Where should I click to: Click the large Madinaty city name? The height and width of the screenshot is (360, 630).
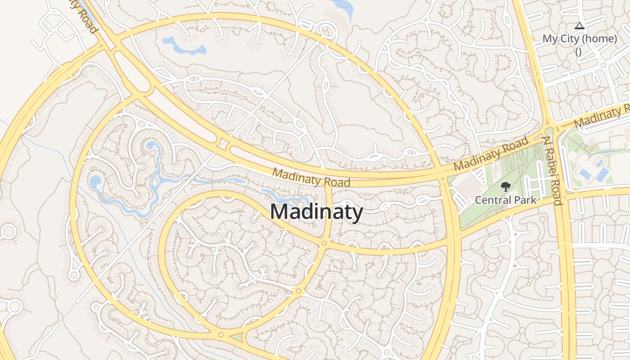pyautogui.click(x=316, y=211)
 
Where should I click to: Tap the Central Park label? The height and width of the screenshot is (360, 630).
pyautogui.click(x=506, y=199)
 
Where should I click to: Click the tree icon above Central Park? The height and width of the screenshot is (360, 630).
pyautogui.click(x=506, y=186)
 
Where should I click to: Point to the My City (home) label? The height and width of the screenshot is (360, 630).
pyautogui.click(x=579, y=39)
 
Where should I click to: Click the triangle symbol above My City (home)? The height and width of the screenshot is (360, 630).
pyautogui.click(x=579, y=26)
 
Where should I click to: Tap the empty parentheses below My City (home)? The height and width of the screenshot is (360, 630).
pyautogui.click(x=578, y=51)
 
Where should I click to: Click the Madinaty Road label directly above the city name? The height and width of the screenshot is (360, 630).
pyautogui.click(x=311, y=178)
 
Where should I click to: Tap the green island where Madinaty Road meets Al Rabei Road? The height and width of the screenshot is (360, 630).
pyautogui.click(x=549, y=131)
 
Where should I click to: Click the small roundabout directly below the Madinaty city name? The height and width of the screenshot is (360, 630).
pyautogui.click(x=324, y=243)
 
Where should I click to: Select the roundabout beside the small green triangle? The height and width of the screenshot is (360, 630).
pyautogui.click(x=220, y=334)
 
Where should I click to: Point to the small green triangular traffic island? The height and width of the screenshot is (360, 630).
pyautogui.click(x=236, y=337)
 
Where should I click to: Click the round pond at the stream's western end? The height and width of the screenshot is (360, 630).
pyautogui.click(x=95, y=182)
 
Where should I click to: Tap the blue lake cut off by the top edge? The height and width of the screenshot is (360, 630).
pyautogui.click(x=344, y=6)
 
